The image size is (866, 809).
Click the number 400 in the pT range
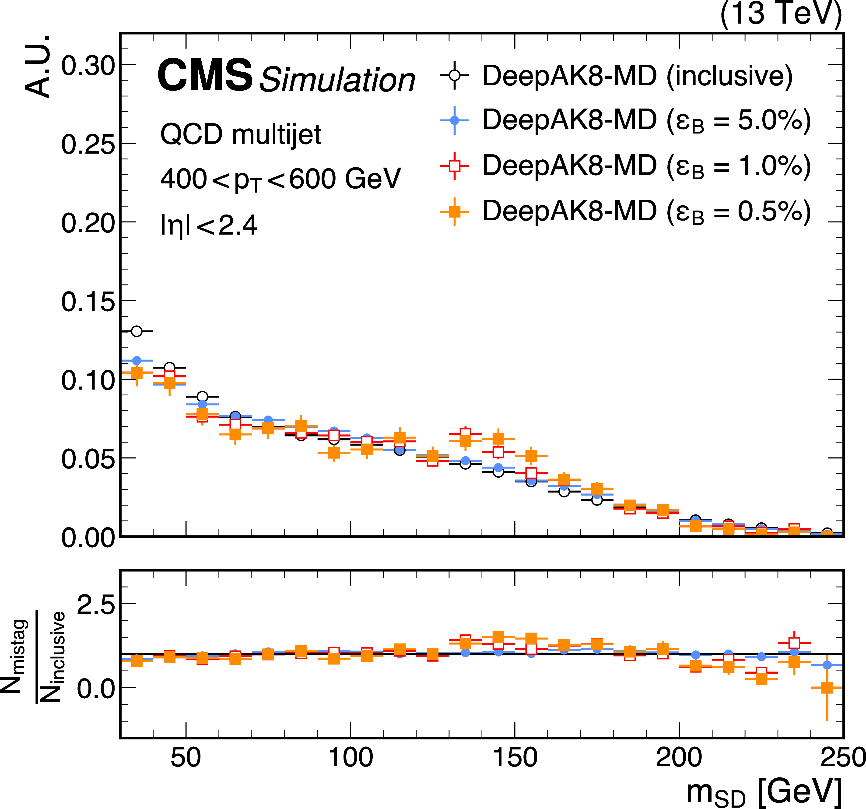tap(183, 179)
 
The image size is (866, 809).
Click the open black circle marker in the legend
tap(454, 75)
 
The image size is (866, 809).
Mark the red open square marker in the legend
tap(454, 165)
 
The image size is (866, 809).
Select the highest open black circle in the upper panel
tap(137, 331)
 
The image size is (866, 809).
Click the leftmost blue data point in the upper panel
tap(137, 360)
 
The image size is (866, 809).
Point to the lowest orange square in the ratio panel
tap(827, 687)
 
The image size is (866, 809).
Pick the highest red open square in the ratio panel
tap(794, 643)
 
